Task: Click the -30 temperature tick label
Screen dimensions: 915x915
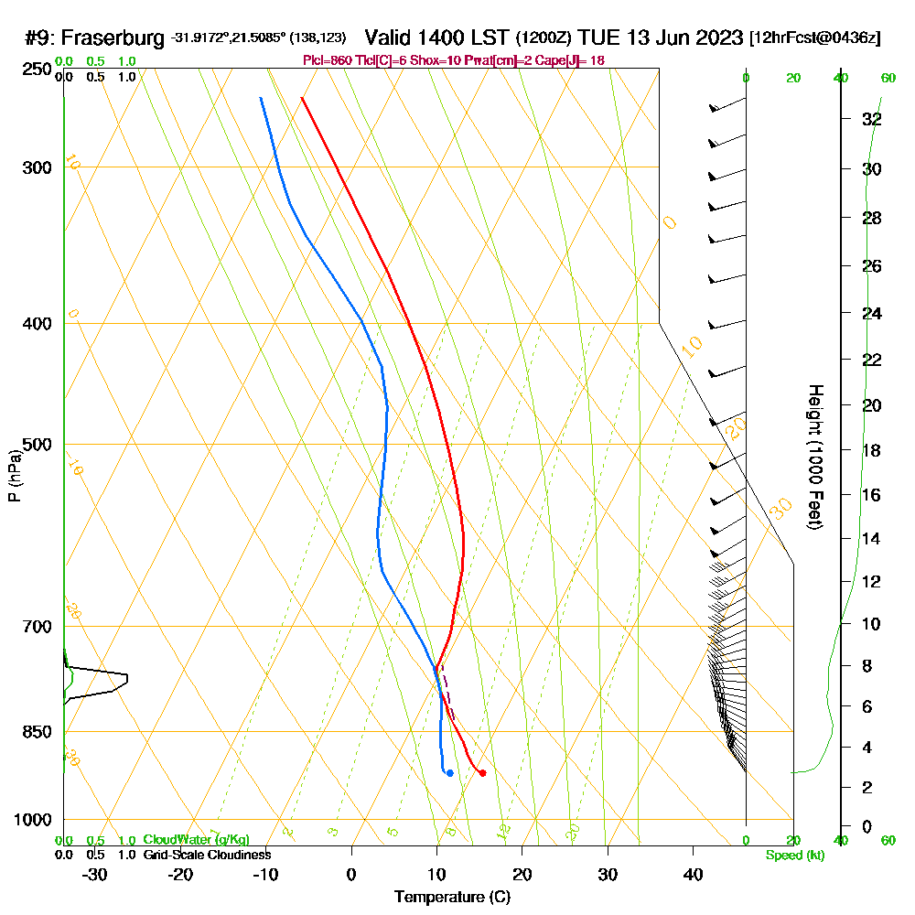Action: [x=95, y=874]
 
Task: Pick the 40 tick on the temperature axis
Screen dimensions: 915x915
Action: [x=693, y=874]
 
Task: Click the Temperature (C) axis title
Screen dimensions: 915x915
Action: [x=452, y=898]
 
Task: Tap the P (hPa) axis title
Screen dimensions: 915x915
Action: [x=14, y=476]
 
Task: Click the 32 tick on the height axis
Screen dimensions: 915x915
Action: [x=872, y=119]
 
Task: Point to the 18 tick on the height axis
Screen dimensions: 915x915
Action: [x=872, y=450]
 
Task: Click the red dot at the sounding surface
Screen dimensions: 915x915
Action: [x=482, y=773]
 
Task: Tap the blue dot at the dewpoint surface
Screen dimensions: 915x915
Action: [x=449, y=773]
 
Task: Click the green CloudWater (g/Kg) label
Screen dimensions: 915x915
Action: [x=196, y=840]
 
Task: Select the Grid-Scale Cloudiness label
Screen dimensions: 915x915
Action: [x=206, y=855]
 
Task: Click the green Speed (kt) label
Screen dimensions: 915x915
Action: [x=794, y=855]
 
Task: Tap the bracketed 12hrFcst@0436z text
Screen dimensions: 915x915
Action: [x=814, y=38]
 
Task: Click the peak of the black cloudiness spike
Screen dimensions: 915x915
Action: [x=127, y=678]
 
